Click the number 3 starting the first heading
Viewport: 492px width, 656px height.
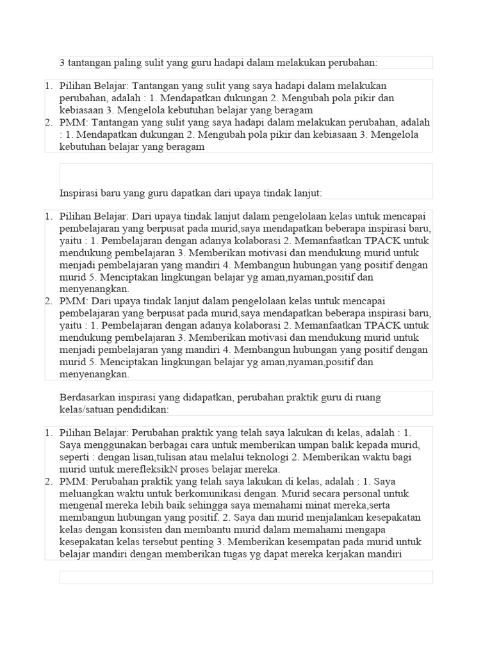(x=62, y=63)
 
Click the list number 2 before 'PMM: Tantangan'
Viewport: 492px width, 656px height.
(x=48, y=122)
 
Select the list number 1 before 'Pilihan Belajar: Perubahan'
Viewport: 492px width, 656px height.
(x=48, y=433)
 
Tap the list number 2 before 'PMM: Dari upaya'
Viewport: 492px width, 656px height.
(x=48, y=301)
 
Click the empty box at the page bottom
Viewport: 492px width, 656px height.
(x=246, y=577)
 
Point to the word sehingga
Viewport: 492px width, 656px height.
(x=199, y=506)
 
